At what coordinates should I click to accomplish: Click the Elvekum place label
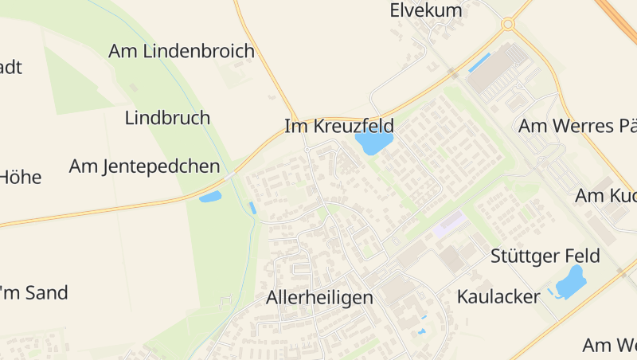click(x=426, y=11)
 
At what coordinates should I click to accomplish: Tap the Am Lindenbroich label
click(x=182, y=52)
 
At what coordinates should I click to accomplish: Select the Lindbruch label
click(x=167, y=118)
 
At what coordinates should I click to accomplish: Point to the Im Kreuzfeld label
click(x=339, y=126)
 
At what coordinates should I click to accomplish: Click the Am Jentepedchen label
click(x=144, y=166)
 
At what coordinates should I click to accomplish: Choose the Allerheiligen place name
click(x=319, y=298)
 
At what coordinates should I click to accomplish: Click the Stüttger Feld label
click(x=545, y=256)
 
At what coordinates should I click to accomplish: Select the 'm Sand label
click(x=35, y=292)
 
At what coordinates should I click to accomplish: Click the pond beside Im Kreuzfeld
click(x=373, y=143)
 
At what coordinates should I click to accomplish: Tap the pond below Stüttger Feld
click(x=570, y=282)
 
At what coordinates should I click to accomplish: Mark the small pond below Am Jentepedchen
click(x=210, y=197)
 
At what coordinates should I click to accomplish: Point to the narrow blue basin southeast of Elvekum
click(x=479, y=63)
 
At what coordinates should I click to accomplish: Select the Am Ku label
click(x=606, y=196)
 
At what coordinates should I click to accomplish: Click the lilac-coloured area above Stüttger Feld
click(x=449, y=223)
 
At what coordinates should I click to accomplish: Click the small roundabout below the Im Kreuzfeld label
click(x=307, y=149)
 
